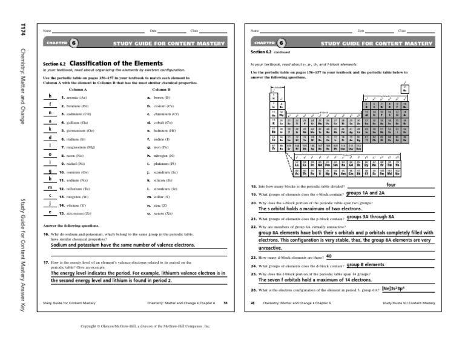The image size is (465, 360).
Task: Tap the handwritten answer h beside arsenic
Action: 49,97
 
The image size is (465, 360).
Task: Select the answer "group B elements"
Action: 364,265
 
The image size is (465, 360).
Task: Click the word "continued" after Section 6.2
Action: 283,52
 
